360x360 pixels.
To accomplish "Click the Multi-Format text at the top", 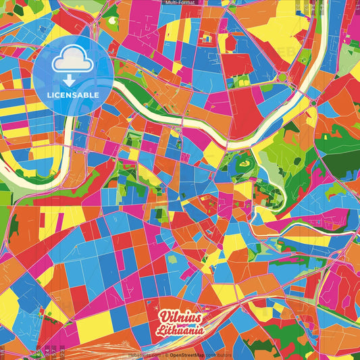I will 180,3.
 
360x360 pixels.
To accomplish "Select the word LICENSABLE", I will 74,95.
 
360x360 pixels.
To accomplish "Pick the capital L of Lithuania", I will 159,332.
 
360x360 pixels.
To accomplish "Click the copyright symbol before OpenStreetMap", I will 166,355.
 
